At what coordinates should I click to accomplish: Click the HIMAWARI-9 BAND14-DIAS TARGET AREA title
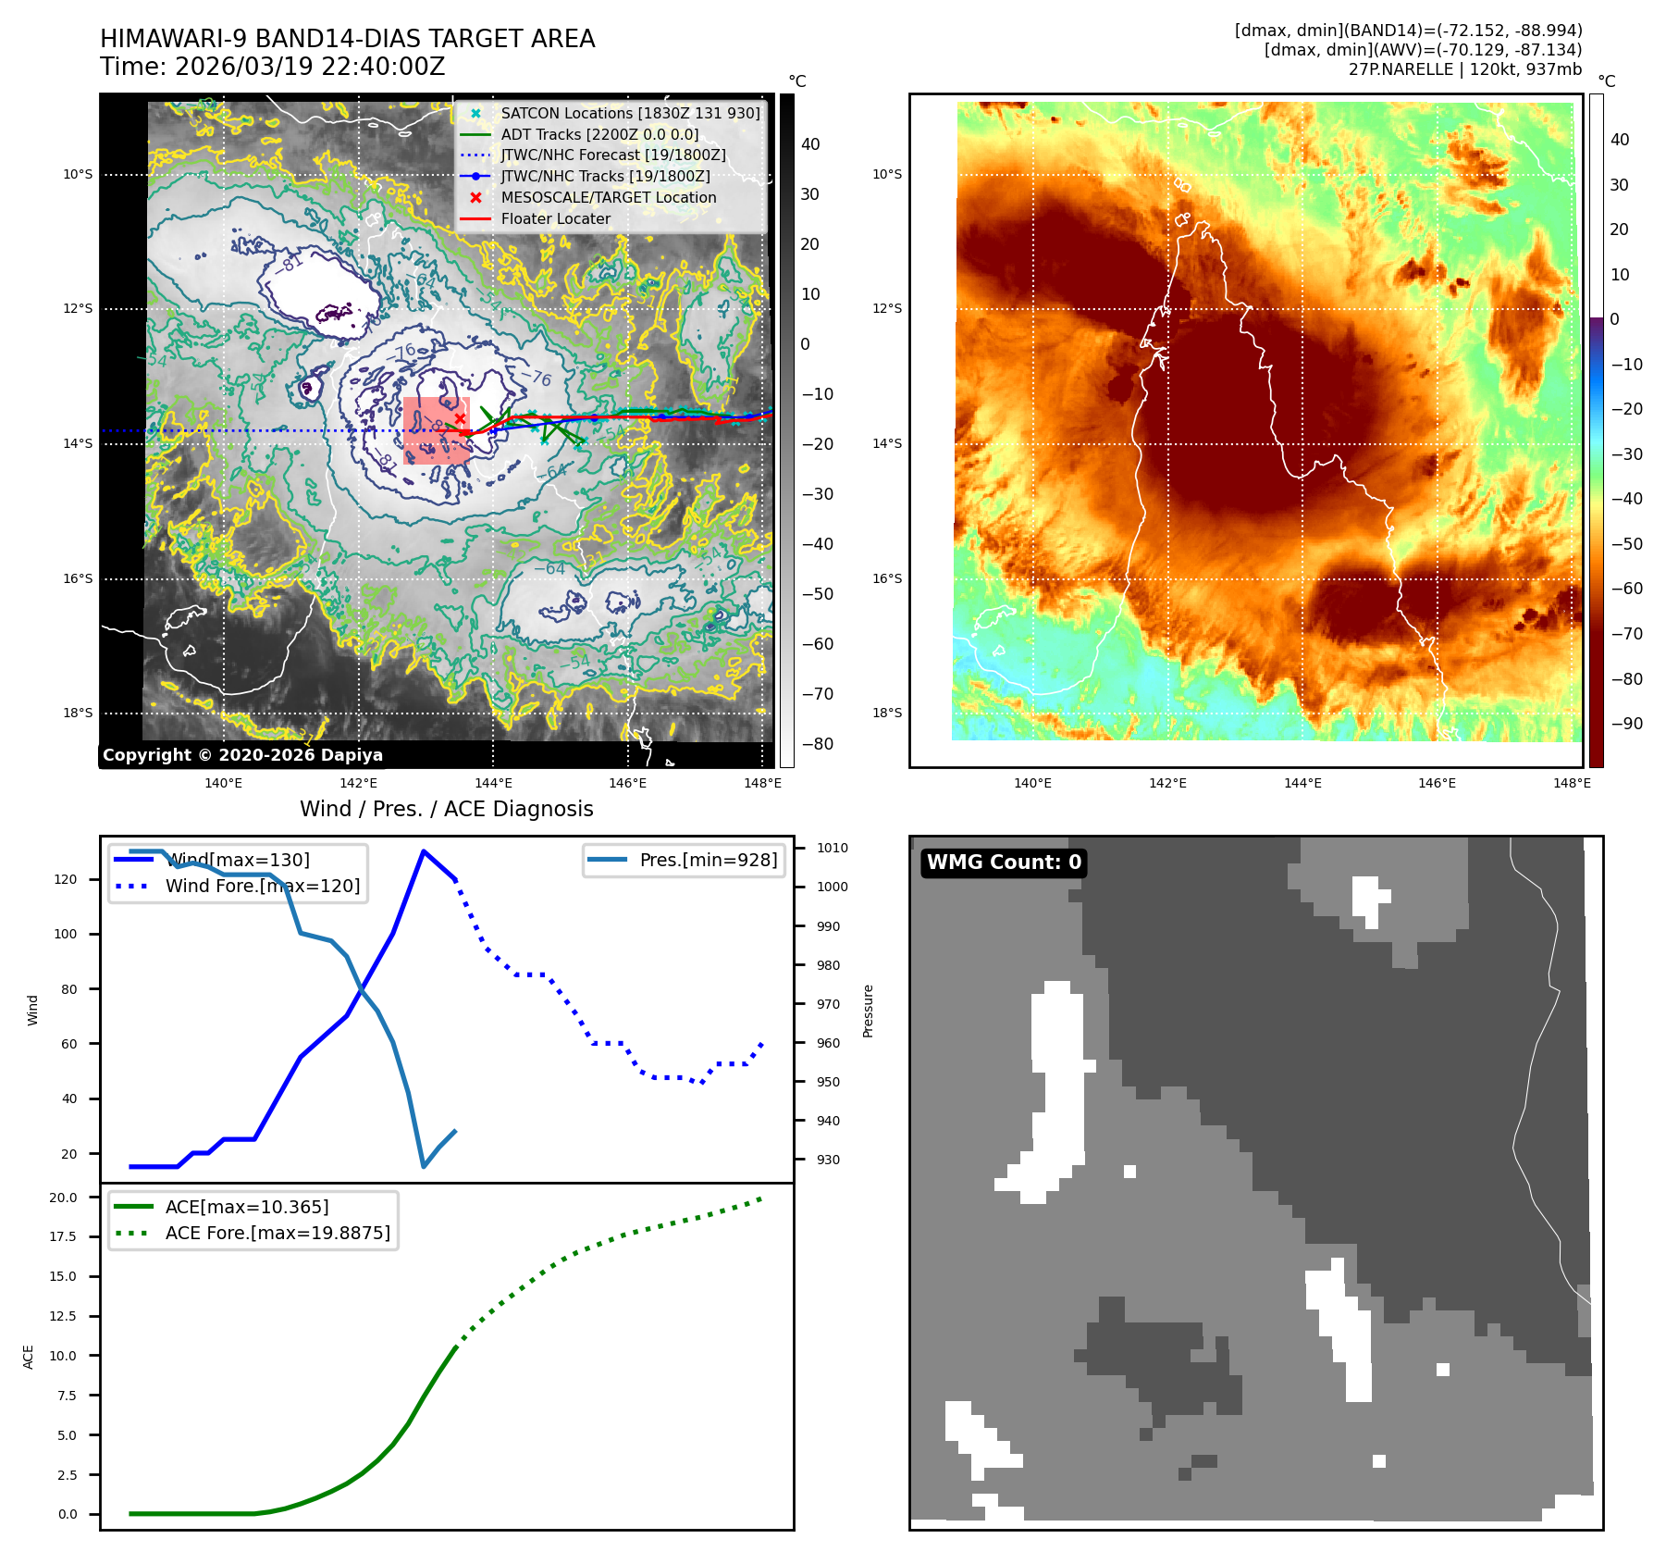(x=347, y=40)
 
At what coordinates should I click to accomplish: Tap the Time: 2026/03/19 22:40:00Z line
(x=273, y=68)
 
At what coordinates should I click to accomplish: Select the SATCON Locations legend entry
(x=630, y=113)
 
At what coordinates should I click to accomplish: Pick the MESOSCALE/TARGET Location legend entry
(x=608, y=197)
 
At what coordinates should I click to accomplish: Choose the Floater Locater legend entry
(x=555, y=218)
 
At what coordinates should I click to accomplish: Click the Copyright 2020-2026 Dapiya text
(x=242, y=755)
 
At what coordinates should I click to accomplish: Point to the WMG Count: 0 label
(x=1004, y=863)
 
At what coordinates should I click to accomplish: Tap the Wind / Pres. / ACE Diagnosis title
(x=446, y=809)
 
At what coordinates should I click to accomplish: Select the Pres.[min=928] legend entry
(x=708, y=860)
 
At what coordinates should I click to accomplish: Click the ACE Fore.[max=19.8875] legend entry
(x=277, y=1233)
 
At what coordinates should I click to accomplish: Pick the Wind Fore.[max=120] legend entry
(x=262, y=886)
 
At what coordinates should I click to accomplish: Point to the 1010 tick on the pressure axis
(x=832, y=848)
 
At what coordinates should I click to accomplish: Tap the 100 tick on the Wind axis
(x=66, y=934)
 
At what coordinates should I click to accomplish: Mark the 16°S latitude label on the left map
(x=78, y=579)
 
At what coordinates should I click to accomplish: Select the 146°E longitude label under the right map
(x=1437, y=783)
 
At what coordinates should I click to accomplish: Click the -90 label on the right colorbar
(x=1626, y=724)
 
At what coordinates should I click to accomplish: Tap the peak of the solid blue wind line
(x=424, y=851)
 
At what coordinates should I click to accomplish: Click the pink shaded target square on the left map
(x=436, y=430)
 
